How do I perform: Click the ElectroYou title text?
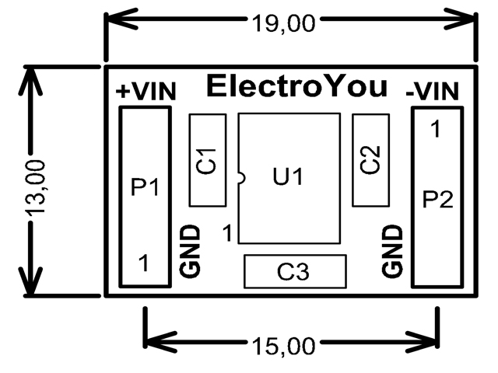(296, 86)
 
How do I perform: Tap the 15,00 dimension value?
(282, 344)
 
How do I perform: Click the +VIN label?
(146, 91)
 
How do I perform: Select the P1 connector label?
(145, 187)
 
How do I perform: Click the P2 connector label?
(437, 200)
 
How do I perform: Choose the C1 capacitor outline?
(208, 161)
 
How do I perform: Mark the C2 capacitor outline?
(371, 161)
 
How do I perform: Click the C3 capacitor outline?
(294, 272)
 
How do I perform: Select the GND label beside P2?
(394, 252)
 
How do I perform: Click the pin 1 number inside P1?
(143, 263)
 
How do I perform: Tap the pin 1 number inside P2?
(436, 130)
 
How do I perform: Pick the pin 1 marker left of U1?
(226, 232)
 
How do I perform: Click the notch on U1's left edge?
(240, 178)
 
